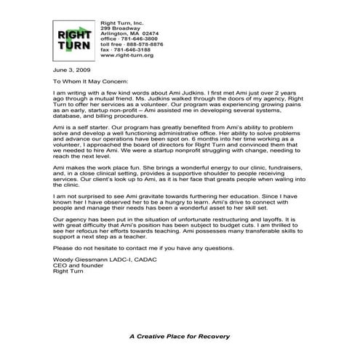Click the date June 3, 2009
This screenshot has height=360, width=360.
tap(71, 71)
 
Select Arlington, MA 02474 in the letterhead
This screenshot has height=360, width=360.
tap(129, 33)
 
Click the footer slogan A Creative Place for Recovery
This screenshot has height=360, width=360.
tap(179, 336)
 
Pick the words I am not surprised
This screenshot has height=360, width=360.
tap(84, 196)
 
